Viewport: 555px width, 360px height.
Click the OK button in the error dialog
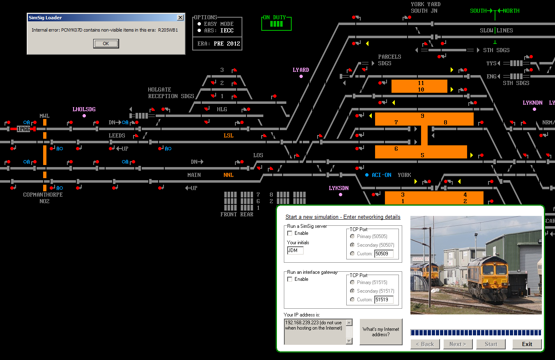[106, 44]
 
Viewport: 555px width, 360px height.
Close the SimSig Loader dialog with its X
[180, 17]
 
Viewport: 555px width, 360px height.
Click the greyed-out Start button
[491, 344]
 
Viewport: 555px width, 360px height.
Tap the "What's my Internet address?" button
[381, 332]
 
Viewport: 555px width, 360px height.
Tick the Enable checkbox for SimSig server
[290, 233]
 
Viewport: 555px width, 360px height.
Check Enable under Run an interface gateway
[290, 279]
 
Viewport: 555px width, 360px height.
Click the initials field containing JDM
[295, 250]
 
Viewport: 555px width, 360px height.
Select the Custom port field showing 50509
[384, 254]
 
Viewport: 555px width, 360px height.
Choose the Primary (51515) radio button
[352, 282]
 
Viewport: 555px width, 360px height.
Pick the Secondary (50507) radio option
[352, 245]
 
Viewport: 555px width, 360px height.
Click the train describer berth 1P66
[23, 129]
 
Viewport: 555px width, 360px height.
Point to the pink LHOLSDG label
[84, 109]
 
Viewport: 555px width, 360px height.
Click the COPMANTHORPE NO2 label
[43, 198]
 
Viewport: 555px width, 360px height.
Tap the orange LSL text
[228, 135]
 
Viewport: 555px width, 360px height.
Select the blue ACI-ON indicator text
[381, 175]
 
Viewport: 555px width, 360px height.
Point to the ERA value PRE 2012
[227, 44]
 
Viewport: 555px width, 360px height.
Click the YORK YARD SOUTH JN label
[426, 7]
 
